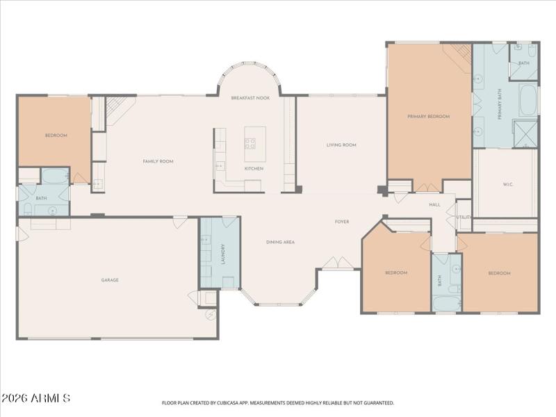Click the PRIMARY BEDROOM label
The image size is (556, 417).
tap(428, 117)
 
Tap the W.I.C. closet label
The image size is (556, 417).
tap(507, 184)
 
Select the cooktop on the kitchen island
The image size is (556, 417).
tap(250, 144)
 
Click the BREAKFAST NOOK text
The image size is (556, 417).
tap(250, 99)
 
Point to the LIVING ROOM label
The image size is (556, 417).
tap(341, 145)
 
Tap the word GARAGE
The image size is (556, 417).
tap(110, 280)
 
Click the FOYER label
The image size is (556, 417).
tap(342, 222)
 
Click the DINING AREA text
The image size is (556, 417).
tap(280, 242)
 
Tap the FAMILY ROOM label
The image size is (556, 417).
tap(158, 161)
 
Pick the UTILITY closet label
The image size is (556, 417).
tap(464, 217)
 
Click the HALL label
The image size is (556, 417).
tap(434, 205)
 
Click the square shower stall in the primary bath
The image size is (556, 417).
tap(525, 133)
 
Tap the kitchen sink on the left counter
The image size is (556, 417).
tap(220, 165)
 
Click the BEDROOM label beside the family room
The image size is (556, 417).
tap(56, 136)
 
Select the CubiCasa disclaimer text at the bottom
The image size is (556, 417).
tap(278, 402)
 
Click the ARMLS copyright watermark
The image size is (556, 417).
tap(36, 399)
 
